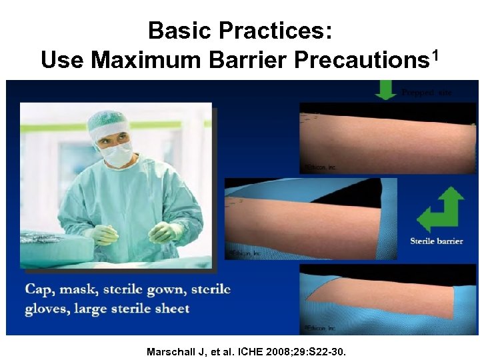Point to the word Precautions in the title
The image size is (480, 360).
pyautogui.click(x=360, y=60)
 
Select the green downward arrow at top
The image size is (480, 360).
pyautogui.click(x=386, y=89)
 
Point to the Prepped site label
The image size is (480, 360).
pyautogui.click(x=426, y=92)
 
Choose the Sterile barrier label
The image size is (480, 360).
pyautogui.click(x=437, y=241)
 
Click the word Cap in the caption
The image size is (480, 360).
pyautogui.click(x=39, y=290)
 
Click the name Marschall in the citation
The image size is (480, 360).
pyautogui.click(x=173, y=351)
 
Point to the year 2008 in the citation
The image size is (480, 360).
pyautogui.click(x=273, y=351)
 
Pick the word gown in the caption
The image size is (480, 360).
pyautogui.click(x=165, y=290)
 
